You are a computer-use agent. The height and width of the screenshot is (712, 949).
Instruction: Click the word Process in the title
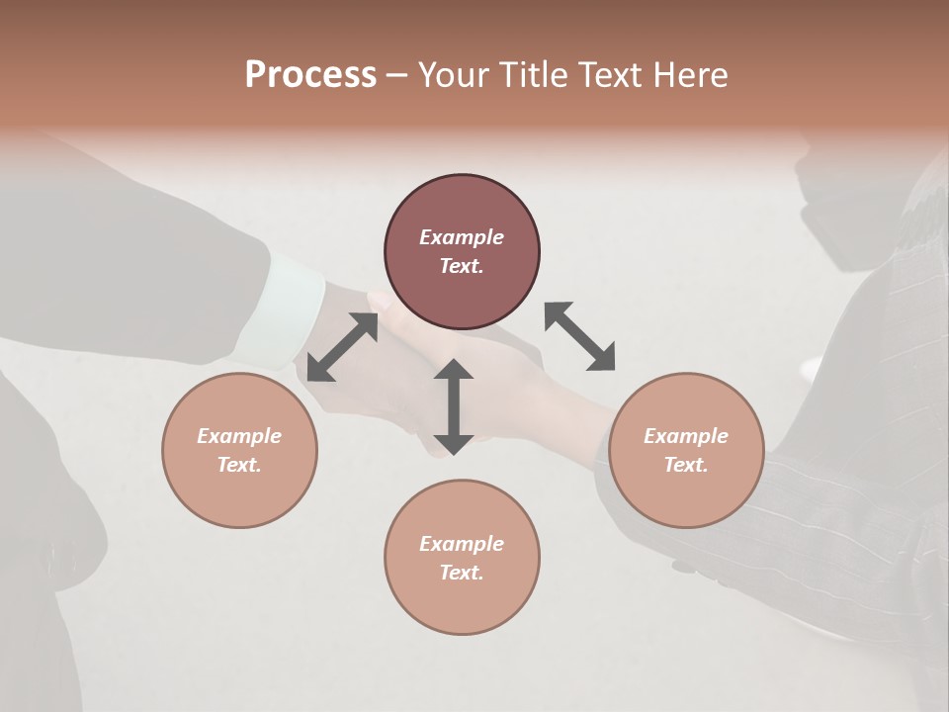coord(310,75)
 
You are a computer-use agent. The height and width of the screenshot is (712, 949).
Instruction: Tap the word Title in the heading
coord(531,75)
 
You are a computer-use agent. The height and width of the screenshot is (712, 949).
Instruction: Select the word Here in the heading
coord(692,75)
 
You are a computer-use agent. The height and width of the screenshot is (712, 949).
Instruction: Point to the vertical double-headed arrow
coord(454,406)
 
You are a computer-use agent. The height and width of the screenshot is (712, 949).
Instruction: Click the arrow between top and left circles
coord(343,347)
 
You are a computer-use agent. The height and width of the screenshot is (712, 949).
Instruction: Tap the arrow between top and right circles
coord(579,336)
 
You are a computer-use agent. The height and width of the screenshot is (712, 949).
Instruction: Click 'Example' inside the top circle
coord(462,237)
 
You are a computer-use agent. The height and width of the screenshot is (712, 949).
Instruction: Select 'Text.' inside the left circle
coord(239,465)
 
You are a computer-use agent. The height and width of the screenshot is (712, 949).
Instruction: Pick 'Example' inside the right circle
coord(686,436)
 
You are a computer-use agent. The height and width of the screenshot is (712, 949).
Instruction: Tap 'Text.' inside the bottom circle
coord(462,573)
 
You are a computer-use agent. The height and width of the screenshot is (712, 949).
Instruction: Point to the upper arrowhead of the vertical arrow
coord(454,370)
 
